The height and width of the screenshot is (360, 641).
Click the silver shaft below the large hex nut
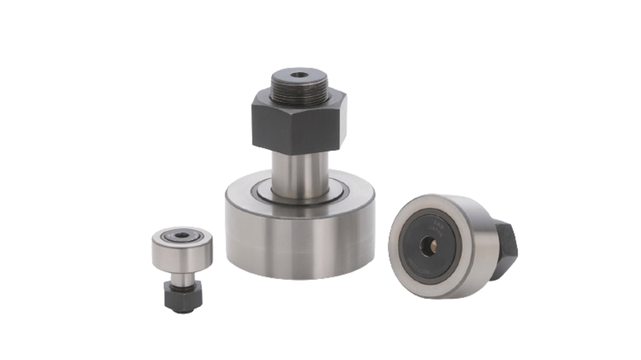[300, 174]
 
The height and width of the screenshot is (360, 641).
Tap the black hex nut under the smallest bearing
[183, 298]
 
